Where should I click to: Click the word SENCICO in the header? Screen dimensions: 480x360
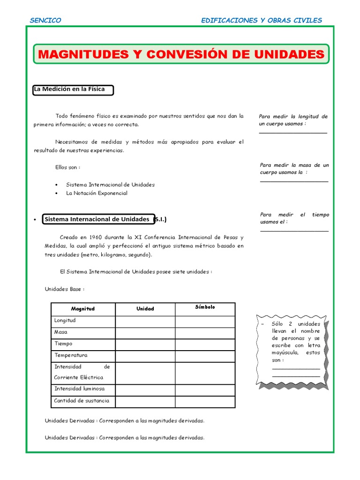pyautogui.click(x=45, y=20)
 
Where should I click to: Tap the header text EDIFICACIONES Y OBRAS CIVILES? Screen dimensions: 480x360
pyautogui.click(x=261, y=20)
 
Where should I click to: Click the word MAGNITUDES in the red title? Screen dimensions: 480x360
pyautogui.click(x=83, y=54)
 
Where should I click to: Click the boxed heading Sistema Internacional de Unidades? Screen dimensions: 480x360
pyautogui.click(x=97, y=219)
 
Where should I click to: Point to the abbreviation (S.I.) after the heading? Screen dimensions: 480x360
pyautogui.click(x=160, y=219)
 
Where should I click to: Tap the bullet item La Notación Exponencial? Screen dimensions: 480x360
pyautogui.click(x=97, y=193)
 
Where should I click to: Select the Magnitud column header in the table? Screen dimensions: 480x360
pyautogui.click(x=83, y=309)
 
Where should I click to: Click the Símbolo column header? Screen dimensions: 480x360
pyautogui.click(x=205, y=307)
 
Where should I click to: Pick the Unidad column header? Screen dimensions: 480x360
pyautogui.click(x=145, y=309)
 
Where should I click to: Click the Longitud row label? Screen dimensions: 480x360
pyautogui.click(x=65, y=321)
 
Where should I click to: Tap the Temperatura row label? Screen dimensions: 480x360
pyautogui.click(x=70, y=355)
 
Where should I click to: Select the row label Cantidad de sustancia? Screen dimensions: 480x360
pyautogui.click(x=82, y=401)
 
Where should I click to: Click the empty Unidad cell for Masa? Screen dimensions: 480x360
pyautogui.click(x=145, y=333)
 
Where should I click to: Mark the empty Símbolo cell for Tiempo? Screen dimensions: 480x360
pyautogui.click(x=205, y=345)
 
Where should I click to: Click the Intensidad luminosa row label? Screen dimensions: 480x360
pyautogui.click(x=79, y=389)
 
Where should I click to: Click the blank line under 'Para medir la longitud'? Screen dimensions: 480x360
pyautogui.click(x=293, y=133)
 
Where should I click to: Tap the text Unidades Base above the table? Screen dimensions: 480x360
pyautogui.click(x=64, y=289)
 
